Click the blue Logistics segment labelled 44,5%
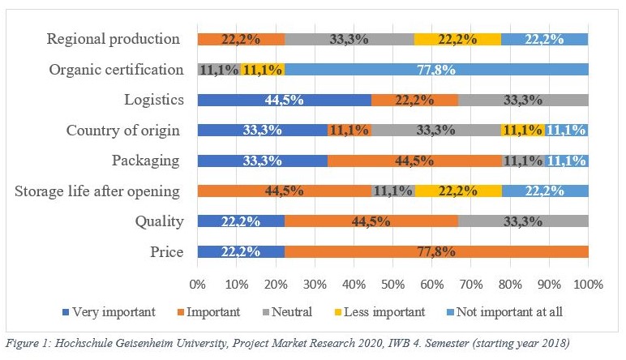[285, 100]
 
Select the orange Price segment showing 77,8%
[436, 251]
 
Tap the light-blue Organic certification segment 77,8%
[436, 69]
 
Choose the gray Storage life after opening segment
[392, 191]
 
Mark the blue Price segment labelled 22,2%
[241, 251]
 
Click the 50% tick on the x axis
[392, 285]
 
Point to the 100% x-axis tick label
[588, 285]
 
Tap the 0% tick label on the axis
[197, 285]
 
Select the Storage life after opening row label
[97, 191]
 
